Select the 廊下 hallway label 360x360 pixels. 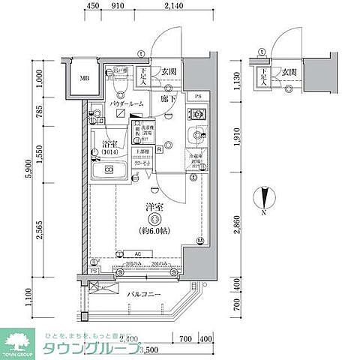tap(167, 97)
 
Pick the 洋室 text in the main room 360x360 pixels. tap(154, 204)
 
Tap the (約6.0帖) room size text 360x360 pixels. tap(154, 232)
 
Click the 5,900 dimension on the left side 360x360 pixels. tap(29, 171)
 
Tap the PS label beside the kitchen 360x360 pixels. tap(197, 97)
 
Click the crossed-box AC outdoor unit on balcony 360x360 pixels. tap(93, 286)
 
